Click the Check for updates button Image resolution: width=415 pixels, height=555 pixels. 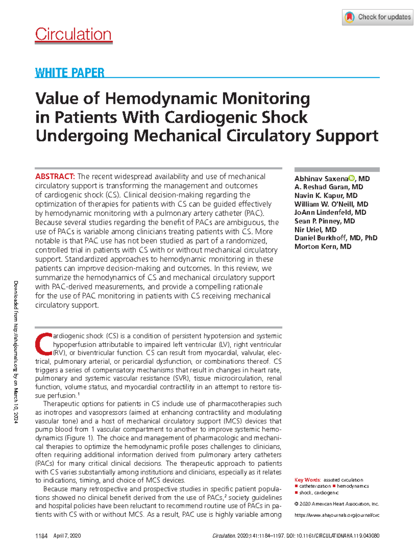378,17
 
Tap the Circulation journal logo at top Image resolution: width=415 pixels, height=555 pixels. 73,35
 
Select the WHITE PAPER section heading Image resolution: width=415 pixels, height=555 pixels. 70,73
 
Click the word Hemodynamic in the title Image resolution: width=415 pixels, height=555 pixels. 161,98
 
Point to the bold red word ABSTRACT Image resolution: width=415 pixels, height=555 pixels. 55,177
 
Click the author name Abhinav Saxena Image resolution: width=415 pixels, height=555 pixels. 321,179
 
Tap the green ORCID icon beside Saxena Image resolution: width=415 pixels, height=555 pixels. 352,178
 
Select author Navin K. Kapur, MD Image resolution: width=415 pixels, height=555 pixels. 326,196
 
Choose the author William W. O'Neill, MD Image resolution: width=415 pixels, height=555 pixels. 331,204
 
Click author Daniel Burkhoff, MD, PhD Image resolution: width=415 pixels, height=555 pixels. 335,238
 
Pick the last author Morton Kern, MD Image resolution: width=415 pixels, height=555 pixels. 323,246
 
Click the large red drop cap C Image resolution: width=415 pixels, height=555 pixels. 44,344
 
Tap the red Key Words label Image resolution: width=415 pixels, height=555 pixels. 307,480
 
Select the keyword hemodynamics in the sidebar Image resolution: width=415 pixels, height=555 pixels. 352,486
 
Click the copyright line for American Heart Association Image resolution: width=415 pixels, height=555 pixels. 336,504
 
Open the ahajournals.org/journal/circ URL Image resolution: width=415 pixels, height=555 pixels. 336,515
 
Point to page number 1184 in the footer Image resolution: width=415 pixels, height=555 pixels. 41,536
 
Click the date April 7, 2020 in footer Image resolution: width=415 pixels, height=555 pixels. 67,536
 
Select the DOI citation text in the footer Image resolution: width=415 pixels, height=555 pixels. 332,536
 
